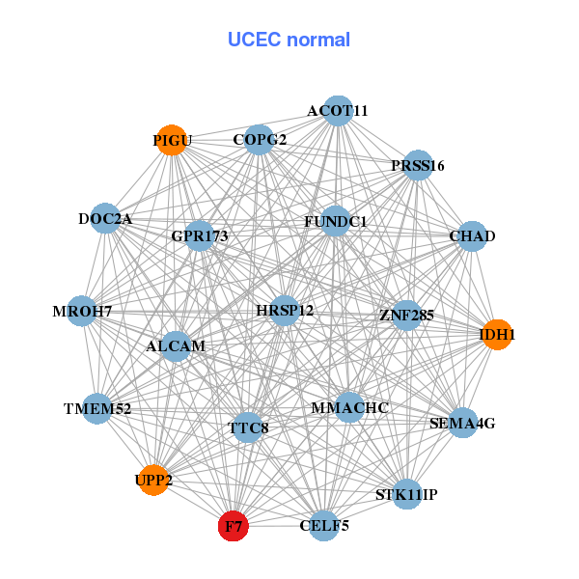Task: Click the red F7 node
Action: pyautogui.click(x=234, y=526)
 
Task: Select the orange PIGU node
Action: pyautogui.click(x=172, y=140)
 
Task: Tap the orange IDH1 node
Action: pyautogui.click(x=497, y=335)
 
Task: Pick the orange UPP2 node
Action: pyautogui.click(x=154, y=480)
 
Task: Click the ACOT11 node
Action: pyautogui.click(x=337, y=111)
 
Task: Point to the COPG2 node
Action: pyautogui.click(x=259, y=140)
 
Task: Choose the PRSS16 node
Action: pyautogui.click(x=417, y=165)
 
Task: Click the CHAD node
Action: pyautogui.click(x=472, y=236)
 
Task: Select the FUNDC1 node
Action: pyautogui.click(x=335, y=222)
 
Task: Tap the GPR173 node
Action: pyautogui.click(x=199, y=235)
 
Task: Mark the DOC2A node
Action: pyautogui.click(x=105, y=219)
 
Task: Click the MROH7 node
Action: pyautogui.click(x=82, y=311)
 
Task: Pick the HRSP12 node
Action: pyautogui.click(x=285, y=311)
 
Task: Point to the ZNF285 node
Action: pyautogui.click(x=406, y=315)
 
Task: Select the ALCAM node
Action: pyautogui.click(x=176, y=345)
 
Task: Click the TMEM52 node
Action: pyautogui.click(x=96, y=409)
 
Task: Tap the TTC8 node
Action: pyautogui.click(x=248, y=427)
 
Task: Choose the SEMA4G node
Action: pyautogui.click(x=462, y=423)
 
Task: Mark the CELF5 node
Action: pyautogui.click(x=325, y=526)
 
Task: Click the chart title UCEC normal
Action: pyautogui.click(x=289, y=40)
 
